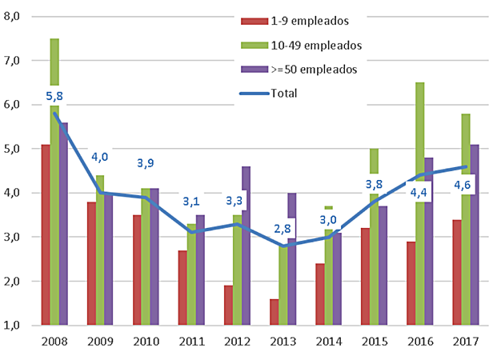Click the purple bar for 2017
coord(475,235)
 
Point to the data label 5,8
coord(54,96)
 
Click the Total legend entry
coord(284,93)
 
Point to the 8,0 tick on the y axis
coord(19,16)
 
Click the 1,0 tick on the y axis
coord(19,326)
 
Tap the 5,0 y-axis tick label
coord(19,149)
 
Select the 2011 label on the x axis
coord(192,342)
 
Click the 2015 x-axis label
coord(375,342)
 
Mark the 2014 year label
coord(329,342)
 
